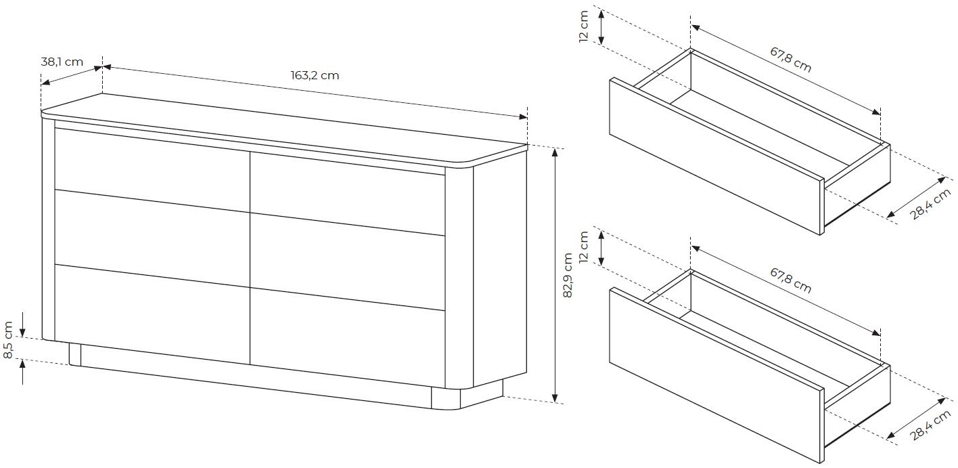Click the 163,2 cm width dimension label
[x=315, y=75]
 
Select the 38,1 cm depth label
[x=62, y=62]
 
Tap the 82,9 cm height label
[x=568, y=276]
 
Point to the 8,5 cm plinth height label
[x=8, y=340]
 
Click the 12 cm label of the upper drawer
[x=584, y=26]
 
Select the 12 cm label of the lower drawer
[x=584, y=247]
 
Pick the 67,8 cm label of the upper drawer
[x=791, y=60]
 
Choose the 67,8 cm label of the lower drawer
[x=791, y=280]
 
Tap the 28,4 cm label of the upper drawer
[x=930, y=205]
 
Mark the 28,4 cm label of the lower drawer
[x=930, y=425]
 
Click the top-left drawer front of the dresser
[x=152, y=169]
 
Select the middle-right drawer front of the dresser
[x=347, y=261]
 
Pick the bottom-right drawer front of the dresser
[x=347, y=338]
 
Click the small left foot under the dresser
[x=75, y=354]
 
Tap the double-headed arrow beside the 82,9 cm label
[x=555, y=276]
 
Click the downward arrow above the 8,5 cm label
[x=23, y=324]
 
